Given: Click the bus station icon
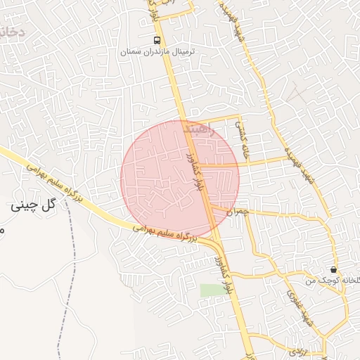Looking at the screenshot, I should [157, 39].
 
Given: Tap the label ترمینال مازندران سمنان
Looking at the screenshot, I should [157, 53].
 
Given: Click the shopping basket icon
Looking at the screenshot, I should [333, 269].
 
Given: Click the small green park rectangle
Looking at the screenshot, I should [209, 290].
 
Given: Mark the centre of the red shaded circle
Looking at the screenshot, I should [180, 179].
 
